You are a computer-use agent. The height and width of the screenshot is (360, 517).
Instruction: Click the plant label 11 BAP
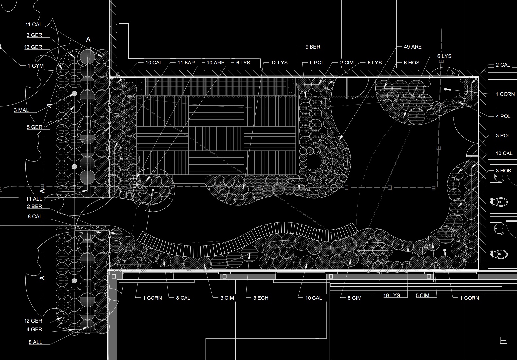(186, 63)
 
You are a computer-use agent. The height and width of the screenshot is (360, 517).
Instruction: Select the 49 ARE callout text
(413, 47)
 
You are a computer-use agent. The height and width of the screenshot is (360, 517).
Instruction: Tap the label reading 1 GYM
(35, 66)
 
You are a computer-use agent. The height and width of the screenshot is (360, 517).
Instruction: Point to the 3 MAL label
(21, 110)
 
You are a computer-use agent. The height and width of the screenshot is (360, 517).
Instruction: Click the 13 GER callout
(33, 47)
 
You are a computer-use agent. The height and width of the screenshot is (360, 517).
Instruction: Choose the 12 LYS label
(279, 63)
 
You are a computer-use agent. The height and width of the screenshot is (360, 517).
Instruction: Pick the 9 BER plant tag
(313, 47)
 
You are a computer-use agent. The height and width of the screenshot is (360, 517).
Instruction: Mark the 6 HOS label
(411, 63)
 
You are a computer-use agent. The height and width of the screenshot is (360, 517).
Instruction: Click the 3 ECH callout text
(260, 298)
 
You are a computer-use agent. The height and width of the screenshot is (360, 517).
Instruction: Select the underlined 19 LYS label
(392, 295)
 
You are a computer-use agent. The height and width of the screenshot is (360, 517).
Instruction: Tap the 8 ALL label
(35, 342)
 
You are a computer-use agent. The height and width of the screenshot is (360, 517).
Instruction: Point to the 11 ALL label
(34, 199)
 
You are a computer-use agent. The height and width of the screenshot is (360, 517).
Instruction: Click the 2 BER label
(34, 206)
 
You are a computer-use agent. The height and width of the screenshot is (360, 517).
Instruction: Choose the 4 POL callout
(503, 116)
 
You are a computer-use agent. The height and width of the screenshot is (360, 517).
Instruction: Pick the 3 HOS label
(503, 171)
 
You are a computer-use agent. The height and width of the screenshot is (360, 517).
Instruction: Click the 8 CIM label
(354, 298)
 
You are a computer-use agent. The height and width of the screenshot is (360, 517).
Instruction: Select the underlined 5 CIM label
(422, 295)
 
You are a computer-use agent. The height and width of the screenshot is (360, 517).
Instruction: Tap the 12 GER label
(33, 321)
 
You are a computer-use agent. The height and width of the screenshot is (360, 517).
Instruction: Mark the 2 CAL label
(503, 65)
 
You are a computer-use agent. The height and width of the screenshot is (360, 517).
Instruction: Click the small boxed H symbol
(504, 340)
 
